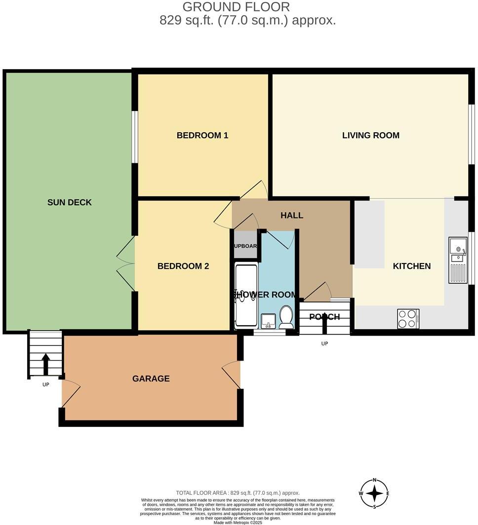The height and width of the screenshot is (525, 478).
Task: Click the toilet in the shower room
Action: [x=286, y=317]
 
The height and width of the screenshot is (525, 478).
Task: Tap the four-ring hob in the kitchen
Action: [x=408, y=318]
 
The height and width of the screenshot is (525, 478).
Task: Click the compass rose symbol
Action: [x=375, y=493]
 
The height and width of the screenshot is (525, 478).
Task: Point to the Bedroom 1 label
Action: [x=202, y=135]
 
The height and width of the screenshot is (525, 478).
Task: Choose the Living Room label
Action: [x=370, y=135]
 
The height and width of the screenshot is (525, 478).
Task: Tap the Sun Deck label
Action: [x=70, y=202]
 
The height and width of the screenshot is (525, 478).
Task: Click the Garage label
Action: [x=151, y=378]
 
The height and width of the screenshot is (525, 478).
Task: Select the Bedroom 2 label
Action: [x=183, y=266]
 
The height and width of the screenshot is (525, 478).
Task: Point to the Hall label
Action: [x=291, y=215]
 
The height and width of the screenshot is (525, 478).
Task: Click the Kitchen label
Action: [x=411, y=266]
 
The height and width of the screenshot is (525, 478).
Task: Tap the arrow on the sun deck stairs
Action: [x=45, y=364]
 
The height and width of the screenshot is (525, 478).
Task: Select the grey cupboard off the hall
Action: [x=245, y=245]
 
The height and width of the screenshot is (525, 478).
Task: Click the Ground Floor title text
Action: [x=236, y=7]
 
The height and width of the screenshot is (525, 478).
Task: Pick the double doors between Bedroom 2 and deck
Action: [x=126, y=263]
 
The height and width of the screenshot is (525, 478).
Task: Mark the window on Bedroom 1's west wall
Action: [x=134, y=137]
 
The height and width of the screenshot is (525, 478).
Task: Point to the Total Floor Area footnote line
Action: [x=238, y=493]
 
